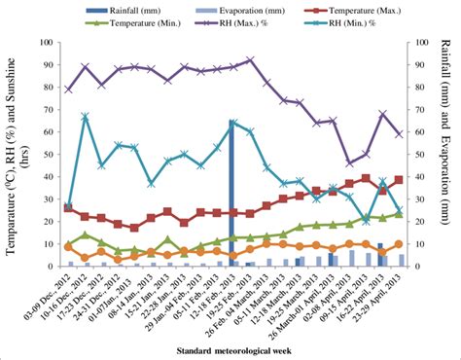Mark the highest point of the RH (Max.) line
point(250,60)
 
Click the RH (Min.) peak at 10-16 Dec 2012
point(86,117)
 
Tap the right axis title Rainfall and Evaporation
point(449,156)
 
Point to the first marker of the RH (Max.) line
point(68,89)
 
